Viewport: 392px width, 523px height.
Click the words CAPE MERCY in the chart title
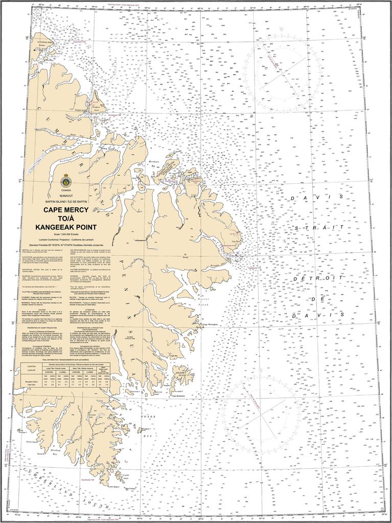tap(65, 210)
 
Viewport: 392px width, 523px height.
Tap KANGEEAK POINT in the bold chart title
tap(65, 227)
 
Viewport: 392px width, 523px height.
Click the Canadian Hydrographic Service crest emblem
tap(65, 180)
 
